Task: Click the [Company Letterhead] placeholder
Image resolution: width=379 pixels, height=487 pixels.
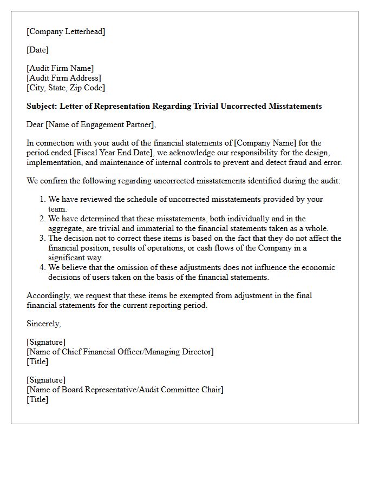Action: [66, 31]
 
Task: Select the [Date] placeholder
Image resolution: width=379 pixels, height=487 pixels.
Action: [37, 50]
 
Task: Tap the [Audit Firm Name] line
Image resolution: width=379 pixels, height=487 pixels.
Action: [60, 68]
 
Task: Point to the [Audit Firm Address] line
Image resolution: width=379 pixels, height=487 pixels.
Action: [63, 78]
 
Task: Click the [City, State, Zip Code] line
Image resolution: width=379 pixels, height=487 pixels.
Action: [66, 88]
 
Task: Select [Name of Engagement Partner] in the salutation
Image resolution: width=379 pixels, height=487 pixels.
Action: [100, 124]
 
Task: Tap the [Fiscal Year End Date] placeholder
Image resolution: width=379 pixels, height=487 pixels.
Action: [102, 153]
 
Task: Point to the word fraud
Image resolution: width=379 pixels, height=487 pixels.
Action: [296, 162]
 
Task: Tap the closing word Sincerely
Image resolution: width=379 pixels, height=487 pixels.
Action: [43, 324]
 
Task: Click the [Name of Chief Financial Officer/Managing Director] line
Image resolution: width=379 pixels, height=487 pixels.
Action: [120, 352]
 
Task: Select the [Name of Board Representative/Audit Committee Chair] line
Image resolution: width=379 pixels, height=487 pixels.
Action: [125, 390]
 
